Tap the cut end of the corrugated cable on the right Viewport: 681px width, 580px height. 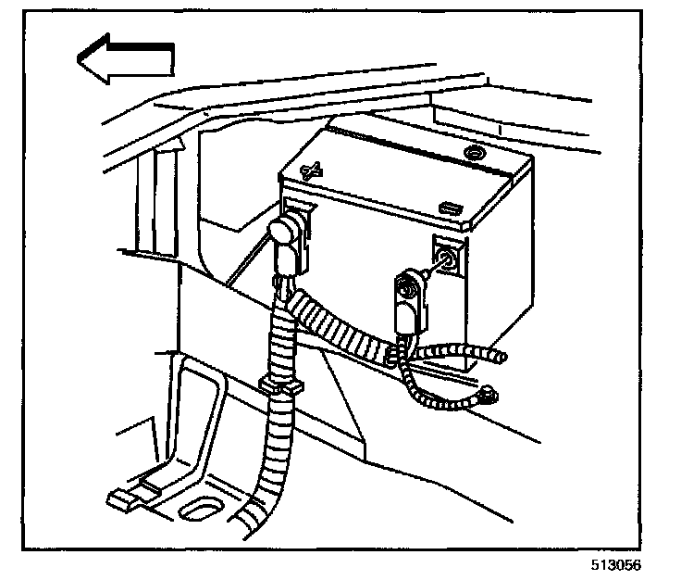pyautogui.click(x=501, y=355)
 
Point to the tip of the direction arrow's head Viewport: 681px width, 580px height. pyautogui.click(x=79, y=59)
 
